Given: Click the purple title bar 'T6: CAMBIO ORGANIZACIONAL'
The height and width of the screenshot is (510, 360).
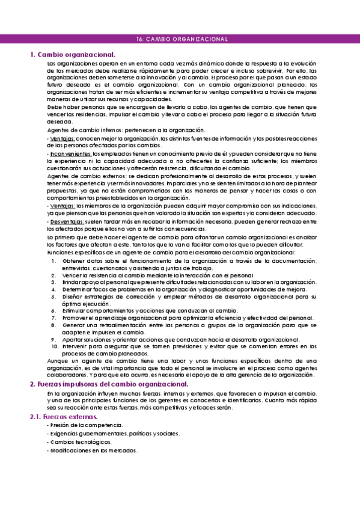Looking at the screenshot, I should point(180,39).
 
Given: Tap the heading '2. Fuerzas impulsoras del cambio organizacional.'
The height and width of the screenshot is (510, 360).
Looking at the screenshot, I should point(109,384).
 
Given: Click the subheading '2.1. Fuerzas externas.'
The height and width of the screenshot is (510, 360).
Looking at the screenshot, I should point(64,417).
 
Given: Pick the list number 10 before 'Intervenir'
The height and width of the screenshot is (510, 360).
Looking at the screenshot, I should point(54,346).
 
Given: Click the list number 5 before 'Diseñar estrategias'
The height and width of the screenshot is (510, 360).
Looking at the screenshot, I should point(53,296).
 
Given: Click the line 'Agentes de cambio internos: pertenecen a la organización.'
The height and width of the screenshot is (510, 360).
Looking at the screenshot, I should point(126,131).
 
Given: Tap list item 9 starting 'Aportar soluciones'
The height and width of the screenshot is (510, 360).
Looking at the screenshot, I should point(181,339).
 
